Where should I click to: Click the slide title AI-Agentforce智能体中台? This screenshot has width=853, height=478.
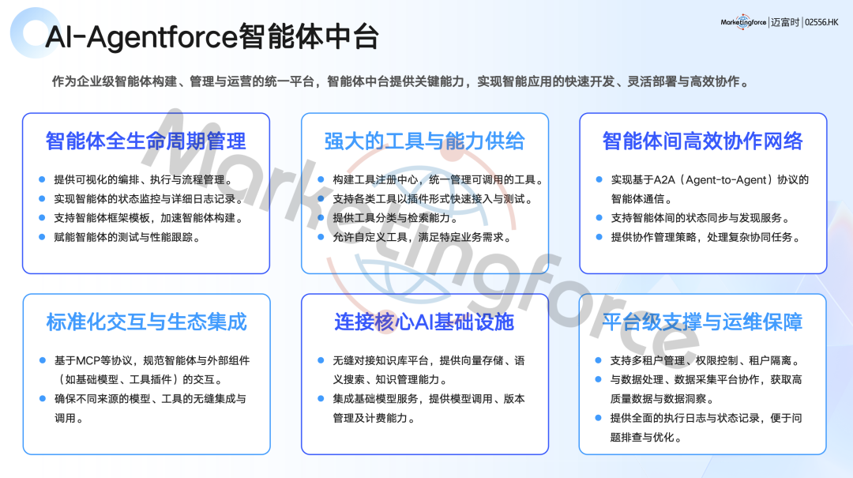[x=212, y=36]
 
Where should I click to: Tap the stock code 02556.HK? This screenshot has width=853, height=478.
[x=821, y=22]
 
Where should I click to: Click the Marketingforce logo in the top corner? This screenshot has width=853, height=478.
[x=743, y=22]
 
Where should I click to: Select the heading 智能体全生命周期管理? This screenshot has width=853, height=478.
[x=146, y=141]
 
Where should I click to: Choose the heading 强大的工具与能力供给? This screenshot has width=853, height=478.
[x=424, y=141]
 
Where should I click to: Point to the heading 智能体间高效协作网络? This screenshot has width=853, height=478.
[x=702, y=141]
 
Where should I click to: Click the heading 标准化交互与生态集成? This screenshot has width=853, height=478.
[x=146, y=322]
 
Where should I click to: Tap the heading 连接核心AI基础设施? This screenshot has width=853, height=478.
[x=424, y=322]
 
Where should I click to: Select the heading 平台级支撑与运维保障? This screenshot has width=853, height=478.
[x=702, y=322]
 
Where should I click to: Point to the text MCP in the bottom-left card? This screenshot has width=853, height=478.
[x=88, y=360]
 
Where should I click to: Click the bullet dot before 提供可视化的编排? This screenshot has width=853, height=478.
[x=42, y=179]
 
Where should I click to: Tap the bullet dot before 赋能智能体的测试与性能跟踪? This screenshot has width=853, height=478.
[x=42, y=237]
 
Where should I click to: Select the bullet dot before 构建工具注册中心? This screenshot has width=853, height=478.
[x=321, y=179]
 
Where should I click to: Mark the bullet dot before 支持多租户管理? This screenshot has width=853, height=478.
[x=599, y=359]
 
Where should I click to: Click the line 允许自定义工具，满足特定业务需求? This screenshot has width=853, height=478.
[x=422, y=237]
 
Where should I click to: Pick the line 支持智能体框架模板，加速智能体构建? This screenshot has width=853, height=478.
[x=148, y=218]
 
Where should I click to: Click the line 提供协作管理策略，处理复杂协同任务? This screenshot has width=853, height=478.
[x=705, y=237]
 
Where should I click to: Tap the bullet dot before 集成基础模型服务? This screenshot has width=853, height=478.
[x=321, y=398]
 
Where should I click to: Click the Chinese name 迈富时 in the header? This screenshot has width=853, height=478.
[x=785, y=22]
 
